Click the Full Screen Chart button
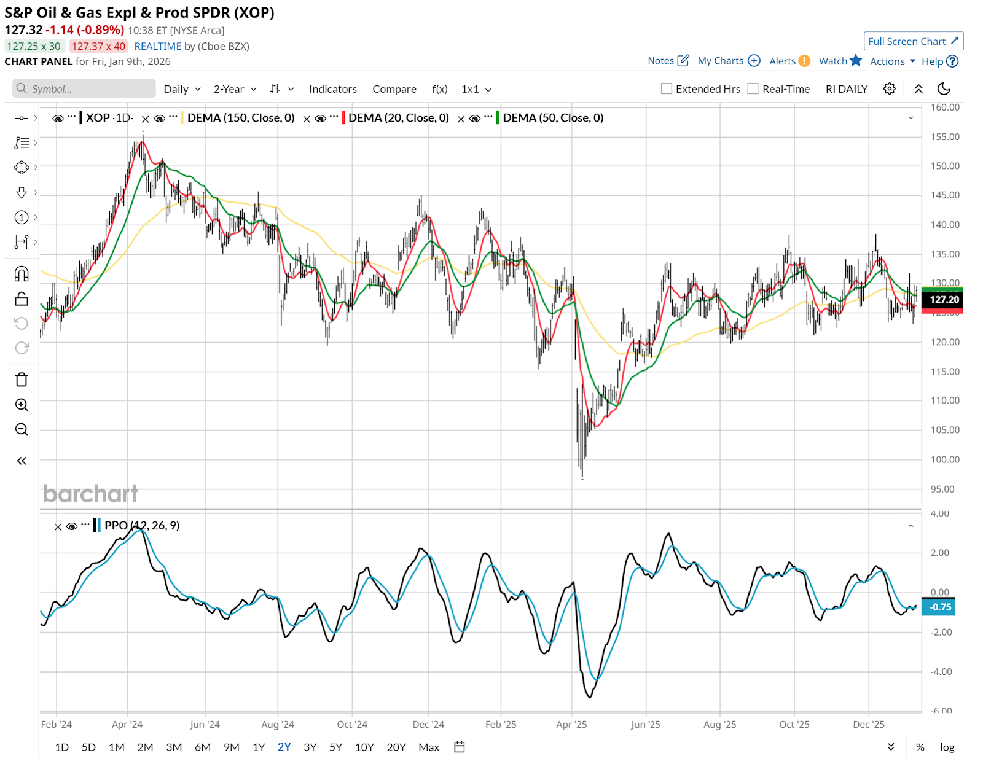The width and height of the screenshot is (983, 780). tap(913, 41)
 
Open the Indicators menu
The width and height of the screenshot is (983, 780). tap(332, 89)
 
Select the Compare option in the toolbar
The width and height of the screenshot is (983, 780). tap(394, 89)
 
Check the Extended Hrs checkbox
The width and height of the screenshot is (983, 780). tap(667, 89)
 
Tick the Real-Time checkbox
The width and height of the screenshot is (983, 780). tap(753, 89)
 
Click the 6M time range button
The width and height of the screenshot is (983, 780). tap(203, 747)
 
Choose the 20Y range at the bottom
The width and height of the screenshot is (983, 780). tap(396, 747)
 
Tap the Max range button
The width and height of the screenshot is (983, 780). tap(429, 747)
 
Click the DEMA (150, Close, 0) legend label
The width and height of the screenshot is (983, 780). tap(241, 118)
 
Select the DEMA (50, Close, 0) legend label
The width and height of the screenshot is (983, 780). tap(553, 118)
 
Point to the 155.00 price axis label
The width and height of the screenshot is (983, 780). tap(945, 137)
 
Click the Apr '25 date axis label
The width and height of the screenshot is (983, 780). tap(571, 725)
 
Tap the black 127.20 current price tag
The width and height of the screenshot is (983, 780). tap(944, 300)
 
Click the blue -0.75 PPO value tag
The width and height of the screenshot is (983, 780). tap(940, 607)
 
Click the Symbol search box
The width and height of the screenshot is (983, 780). tap(84, 89)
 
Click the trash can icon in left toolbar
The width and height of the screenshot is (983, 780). tap(22, 380)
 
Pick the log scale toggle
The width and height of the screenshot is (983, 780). tap(947, 747)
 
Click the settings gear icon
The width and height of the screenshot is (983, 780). tap(889, 89)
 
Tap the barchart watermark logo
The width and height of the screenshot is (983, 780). tap(90, 494)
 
